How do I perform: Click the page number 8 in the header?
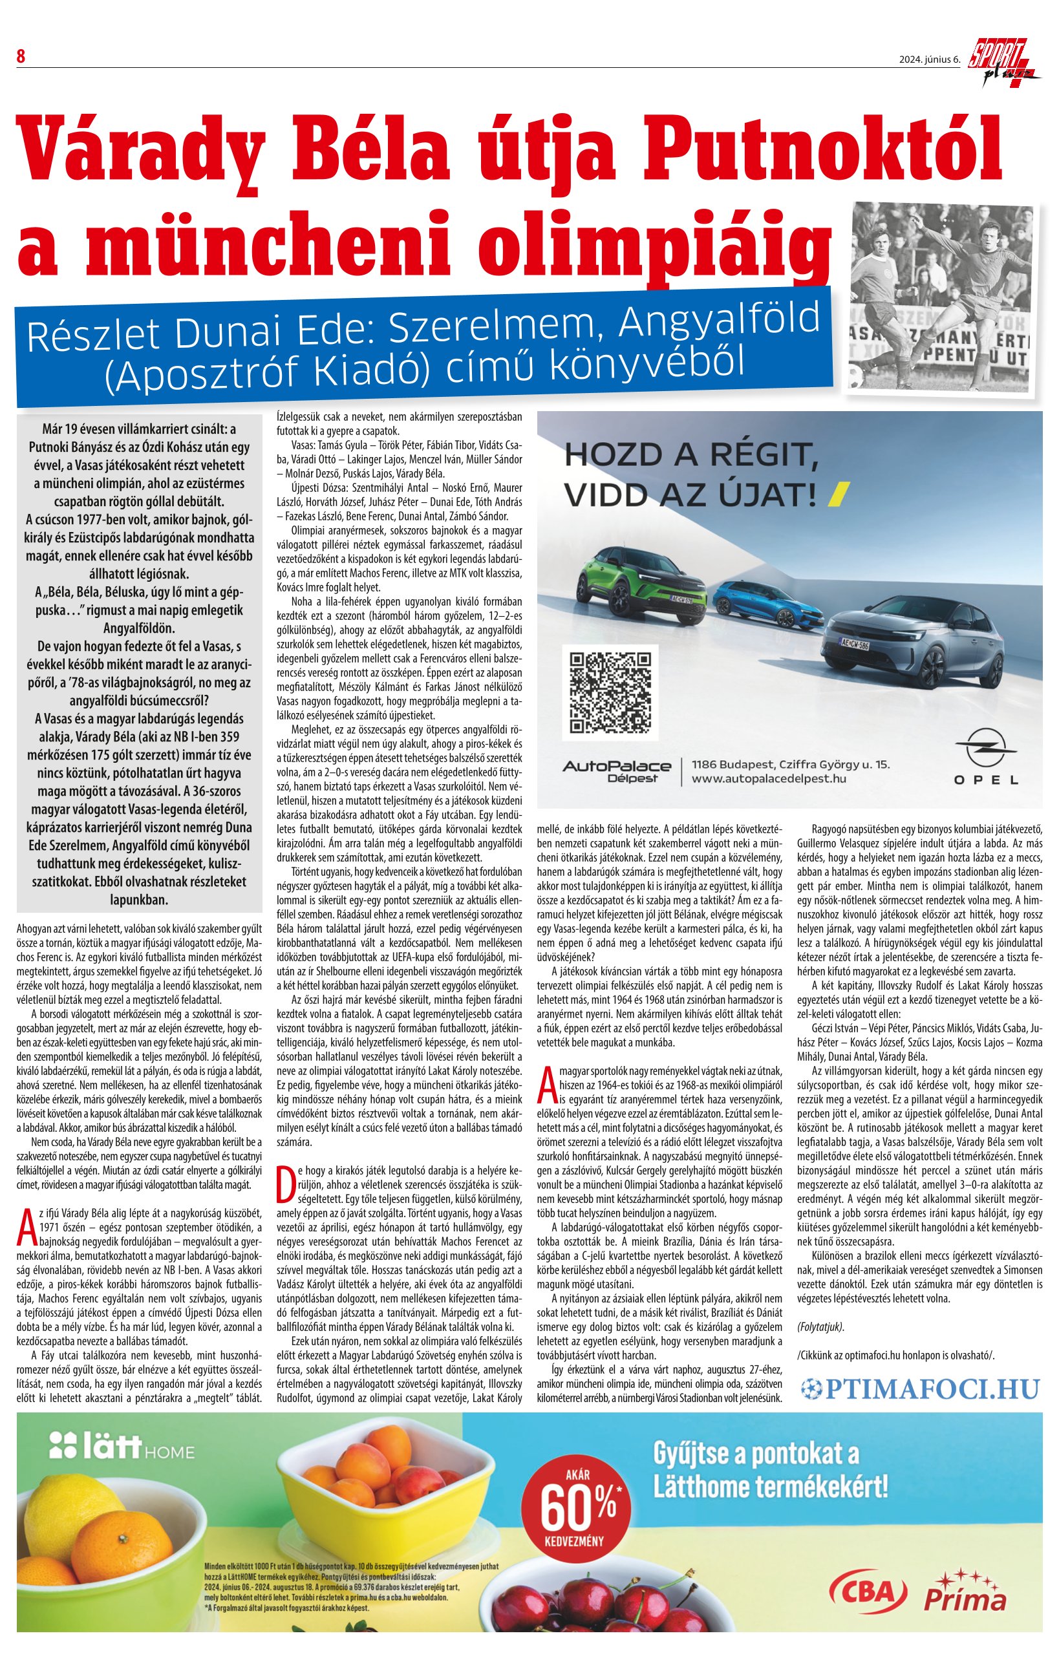click(21, 57)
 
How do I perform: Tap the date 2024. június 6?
click(929, 59)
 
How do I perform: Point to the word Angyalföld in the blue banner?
click(719, 321)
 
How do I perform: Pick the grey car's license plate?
click(854, 645)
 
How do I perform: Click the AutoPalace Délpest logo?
click(616, 771)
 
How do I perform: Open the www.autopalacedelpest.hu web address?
click(769, 778)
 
